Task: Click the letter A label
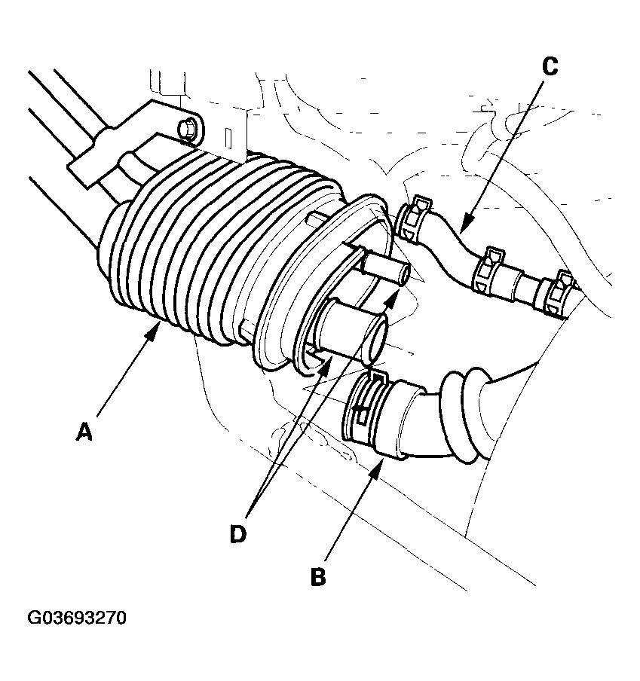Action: tap(85, 432)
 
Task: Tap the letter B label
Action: tap(318, 577)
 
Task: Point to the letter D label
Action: tap(237, 533)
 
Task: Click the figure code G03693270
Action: tap(77, 618)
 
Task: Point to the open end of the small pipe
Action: tap(405, 276)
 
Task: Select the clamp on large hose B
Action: tap(366, 407)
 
